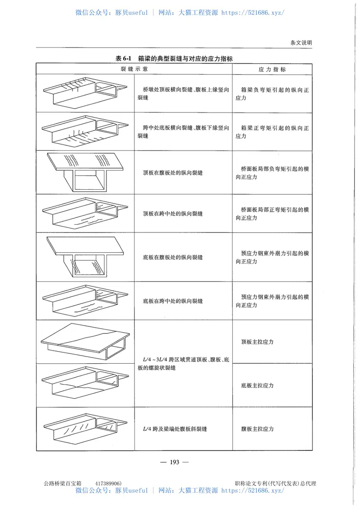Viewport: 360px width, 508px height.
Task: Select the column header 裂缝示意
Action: coord(134,70)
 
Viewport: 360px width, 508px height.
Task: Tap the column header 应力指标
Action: coord(272,70)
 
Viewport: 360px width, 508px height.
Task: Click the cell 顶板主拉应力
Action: coord(257,342)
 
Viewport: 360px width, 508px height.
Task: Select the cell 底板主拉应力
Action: coord(257,385)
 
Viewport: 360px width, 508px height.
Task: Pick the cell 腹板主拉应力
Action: coord(257,429)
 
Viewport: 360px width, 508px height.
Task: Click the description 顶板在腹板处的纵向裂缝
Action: coord(173,173)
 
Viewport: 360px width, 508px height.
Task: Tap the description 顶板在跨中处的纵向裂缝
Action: coord(173,214)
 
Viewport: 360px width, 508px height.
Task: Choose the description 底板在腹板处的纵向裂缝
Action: coord(173,257)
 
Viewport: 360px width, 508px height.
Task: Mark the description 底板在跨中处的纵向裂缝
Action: coord(173,301)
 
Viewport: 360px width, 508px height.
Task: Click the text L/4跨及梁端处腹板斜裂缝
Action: coord(174,429)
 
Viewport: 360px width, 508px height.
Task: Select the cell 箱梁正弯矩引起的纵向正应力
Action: coord(272,132)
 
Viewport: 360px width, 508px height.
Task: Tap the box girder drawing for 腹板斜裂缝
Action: coord(85,429)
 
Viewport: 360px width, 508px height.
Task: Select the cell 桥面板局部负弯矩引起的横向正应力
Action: coord(272,173)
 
